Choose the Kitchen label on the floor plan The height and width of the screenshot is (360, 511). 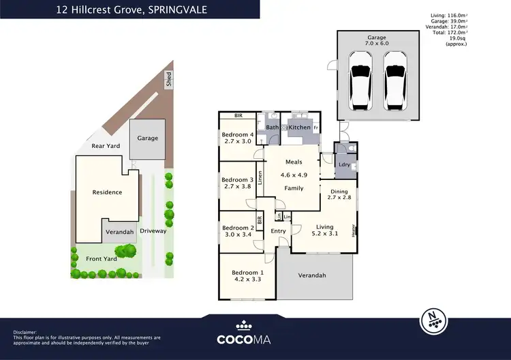pos(299,127)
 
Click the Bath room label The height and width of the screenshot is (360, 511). pos(273,127)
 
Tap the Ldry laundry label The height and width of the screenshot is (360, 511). pos(344,165)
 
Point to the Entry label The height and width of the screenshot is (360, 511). pos(278,232)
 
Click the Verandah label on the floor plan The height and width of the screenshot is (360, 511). pos(311,275)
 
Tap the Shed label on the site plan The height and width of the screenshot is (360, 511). pos(168,79)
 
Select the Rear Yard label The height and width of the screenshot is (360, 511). pos(106,146)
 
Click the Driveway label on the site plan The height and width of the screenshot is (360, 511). pos(153,231)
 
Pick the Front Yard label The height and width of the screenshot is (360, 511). pos(102,258)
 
